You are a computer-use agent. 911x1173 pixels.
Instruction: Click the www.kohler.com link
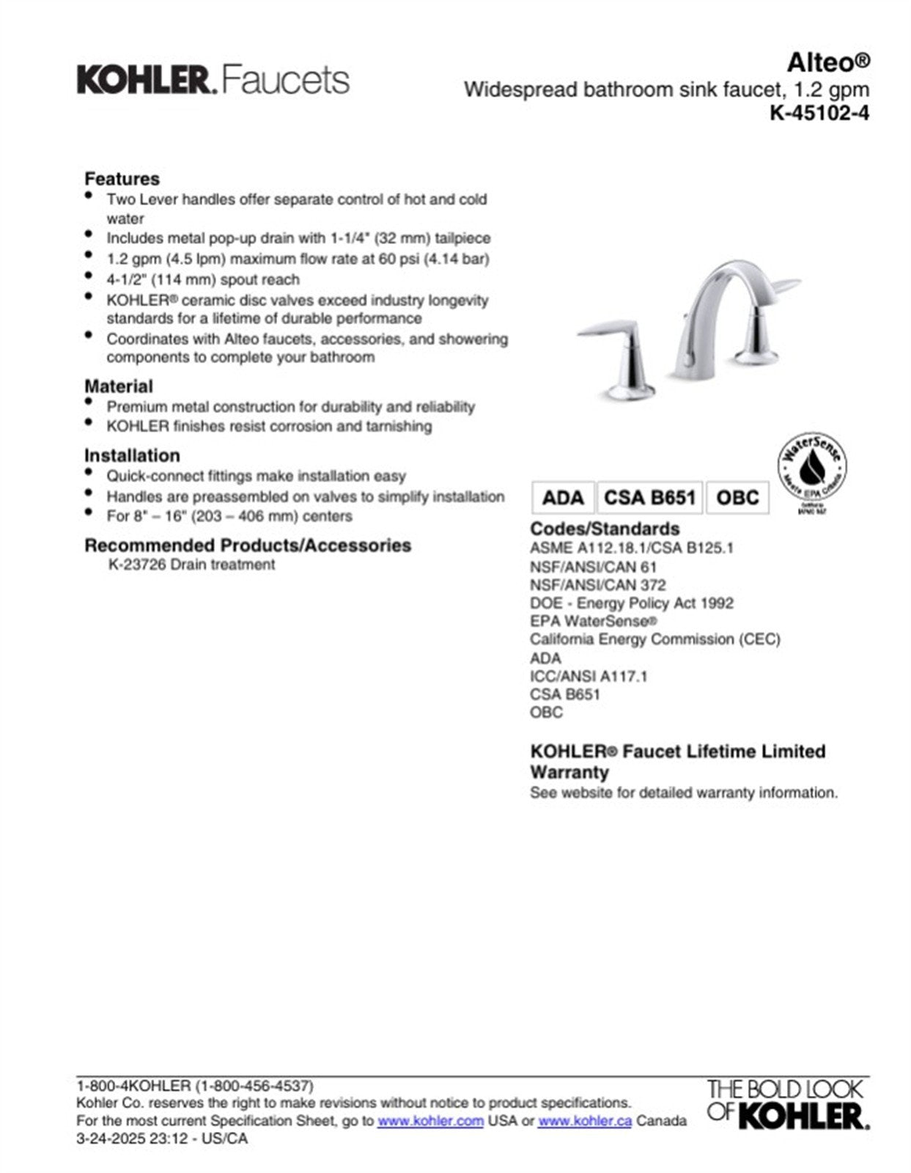pyautogui.click(x=430, y=1121)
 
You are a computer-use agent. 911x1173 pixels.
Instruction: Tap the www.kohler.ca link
pyautogui.click(x=584, y=1121)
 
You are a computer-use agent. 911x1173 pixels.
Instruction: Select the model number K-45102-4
pyautogui.click(x=819, y=113)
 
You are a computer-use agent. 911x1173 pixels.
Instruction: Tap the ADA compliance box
pyautogui.click(x=563, y=498)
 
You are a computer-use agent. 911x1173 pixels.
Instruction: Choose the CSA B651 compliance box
pyautogui.click(x=649, y=498)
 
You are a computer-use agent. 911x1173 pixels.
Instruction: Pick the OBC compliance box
pyautogui.click(x=737, y=498)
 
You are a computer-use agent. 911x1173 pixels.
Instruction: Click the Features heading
pyautogui.click(x=122, y=179)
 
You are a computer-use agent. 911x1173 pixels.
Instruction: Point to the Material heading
pyautogui.click(x=119, y=386)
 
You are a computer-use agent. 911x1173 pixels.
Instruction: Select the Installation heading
pyautogui.click(x=132, y=455)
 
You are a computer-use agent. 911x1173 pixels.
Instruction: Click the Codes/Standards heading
pyautogui.click(x=605, y=529)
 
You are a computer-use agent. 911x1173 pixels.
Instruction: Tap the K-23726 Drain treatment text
pyautogui.click(x=191, y=565)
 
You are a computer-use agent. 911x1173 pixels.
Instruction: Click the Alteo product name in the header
pyautogui.click(x=828, y=63)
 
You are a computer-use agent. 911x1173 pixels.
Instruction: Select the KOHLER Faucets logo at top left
pyautogui.click(x=213, y=80)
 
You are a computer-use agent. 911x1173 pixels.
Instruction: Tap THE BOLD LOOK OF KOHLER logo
pyautogui.click(x=788, y=1104)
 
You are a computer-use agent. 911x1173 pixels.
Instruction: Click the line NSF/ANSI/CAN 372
pyautogui.click(x=598, y=585)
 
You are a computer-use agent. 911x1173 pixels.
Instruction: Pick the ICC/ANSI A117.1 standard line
pyautogui.click(x=589, y=676)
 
